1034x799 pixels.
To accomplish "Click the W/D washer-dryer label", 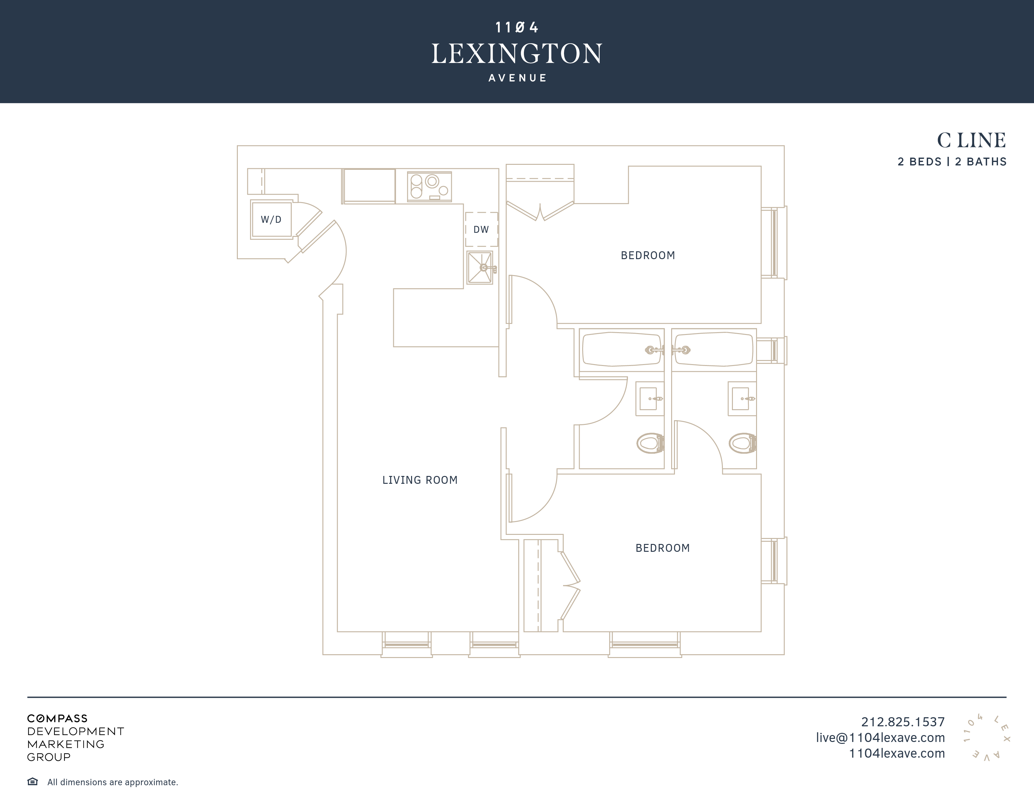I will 271,220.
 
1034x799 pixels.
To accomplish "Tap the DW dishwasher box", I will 481,230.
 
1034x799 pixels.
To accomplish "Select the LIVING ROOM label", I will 420,480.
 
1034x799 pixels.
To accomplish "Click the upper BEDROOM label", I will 648,256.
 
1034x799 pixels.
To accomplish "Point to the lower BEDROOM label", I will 662,548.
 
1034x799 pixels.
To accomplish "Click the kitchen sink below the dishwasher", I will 480,268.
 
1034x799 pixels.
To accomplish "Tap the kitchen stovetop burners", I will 429,186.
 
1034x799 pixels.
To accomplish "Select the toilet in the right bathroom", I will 742,443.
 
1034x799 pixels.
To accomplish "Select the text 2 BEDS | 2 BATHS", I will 952,162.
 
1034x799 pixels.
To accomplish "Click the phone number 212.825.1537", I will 902,722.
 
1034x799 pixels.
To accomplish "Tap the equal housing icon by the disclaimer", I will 33,781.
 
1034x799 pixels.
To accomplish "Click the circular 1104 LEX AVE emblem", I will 987,738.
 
